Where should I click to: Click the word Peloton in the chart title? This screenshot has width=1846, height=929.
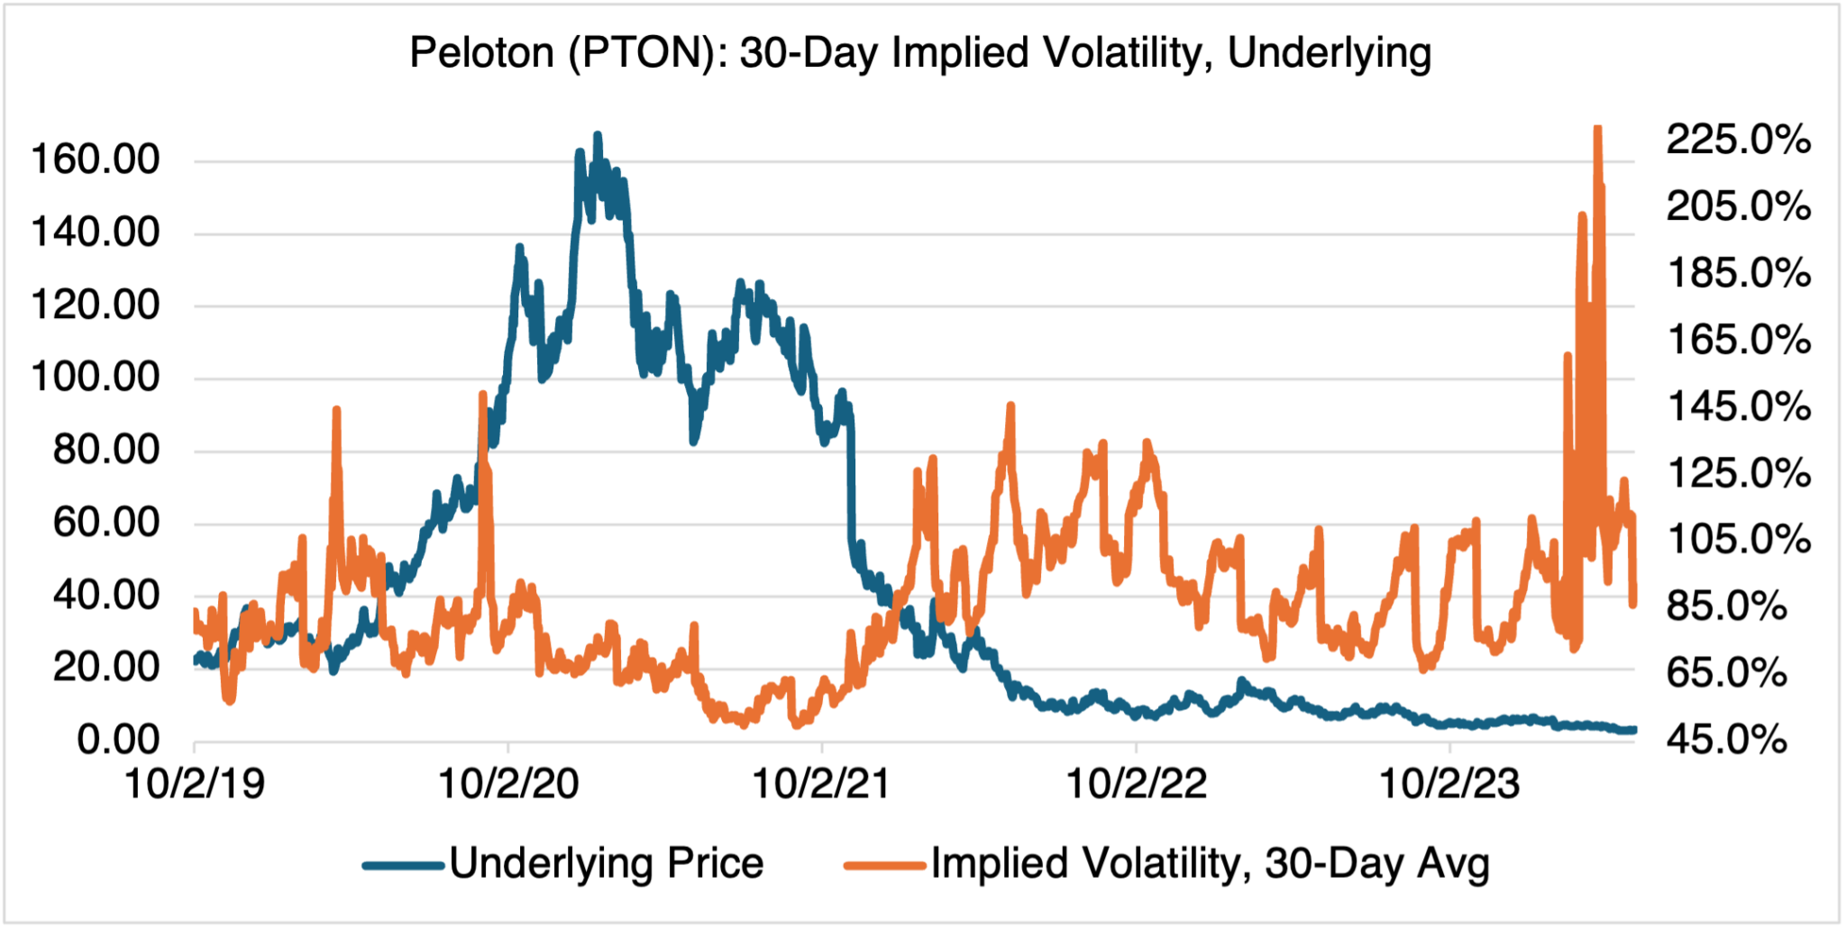coord(481,52)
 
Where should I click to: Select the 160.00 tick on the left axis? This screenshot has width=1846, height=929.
coord(95,159)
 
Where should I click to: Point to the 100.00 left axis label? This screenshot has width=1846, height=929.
coord(95,377)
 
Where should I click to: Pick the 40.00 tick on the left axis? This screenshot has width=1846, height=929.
coord(105,595)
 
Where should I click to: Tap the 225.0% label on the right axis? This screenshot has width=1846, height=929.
coord(1738,140)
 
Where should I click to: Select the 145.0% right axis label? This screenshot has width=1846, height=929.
coord(1738,406)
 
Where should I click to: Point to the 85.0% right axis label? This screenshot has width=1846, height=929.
coord(1726,606)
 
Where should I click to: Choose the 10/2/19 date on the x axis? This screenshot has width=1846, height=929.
coord(195,784)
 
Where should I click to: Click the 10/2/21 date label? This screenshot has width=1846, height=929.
coord(821,784)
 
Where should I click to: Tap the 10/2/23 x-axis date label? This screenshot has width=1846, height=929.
coord(1449,784)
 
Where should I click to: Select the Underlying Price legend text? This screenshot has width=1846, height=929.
coord(607,863)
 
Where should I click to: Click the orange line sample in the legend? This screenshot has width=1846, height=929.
coord(884,866)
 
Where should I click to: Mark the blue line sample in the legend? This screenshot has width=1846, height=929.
coord(403,866)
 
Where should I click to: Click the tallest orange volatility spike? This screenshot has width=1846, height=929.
coord(1597,131)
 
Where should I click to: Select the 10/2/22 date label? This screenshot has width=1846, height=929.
coord(1136,784)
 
